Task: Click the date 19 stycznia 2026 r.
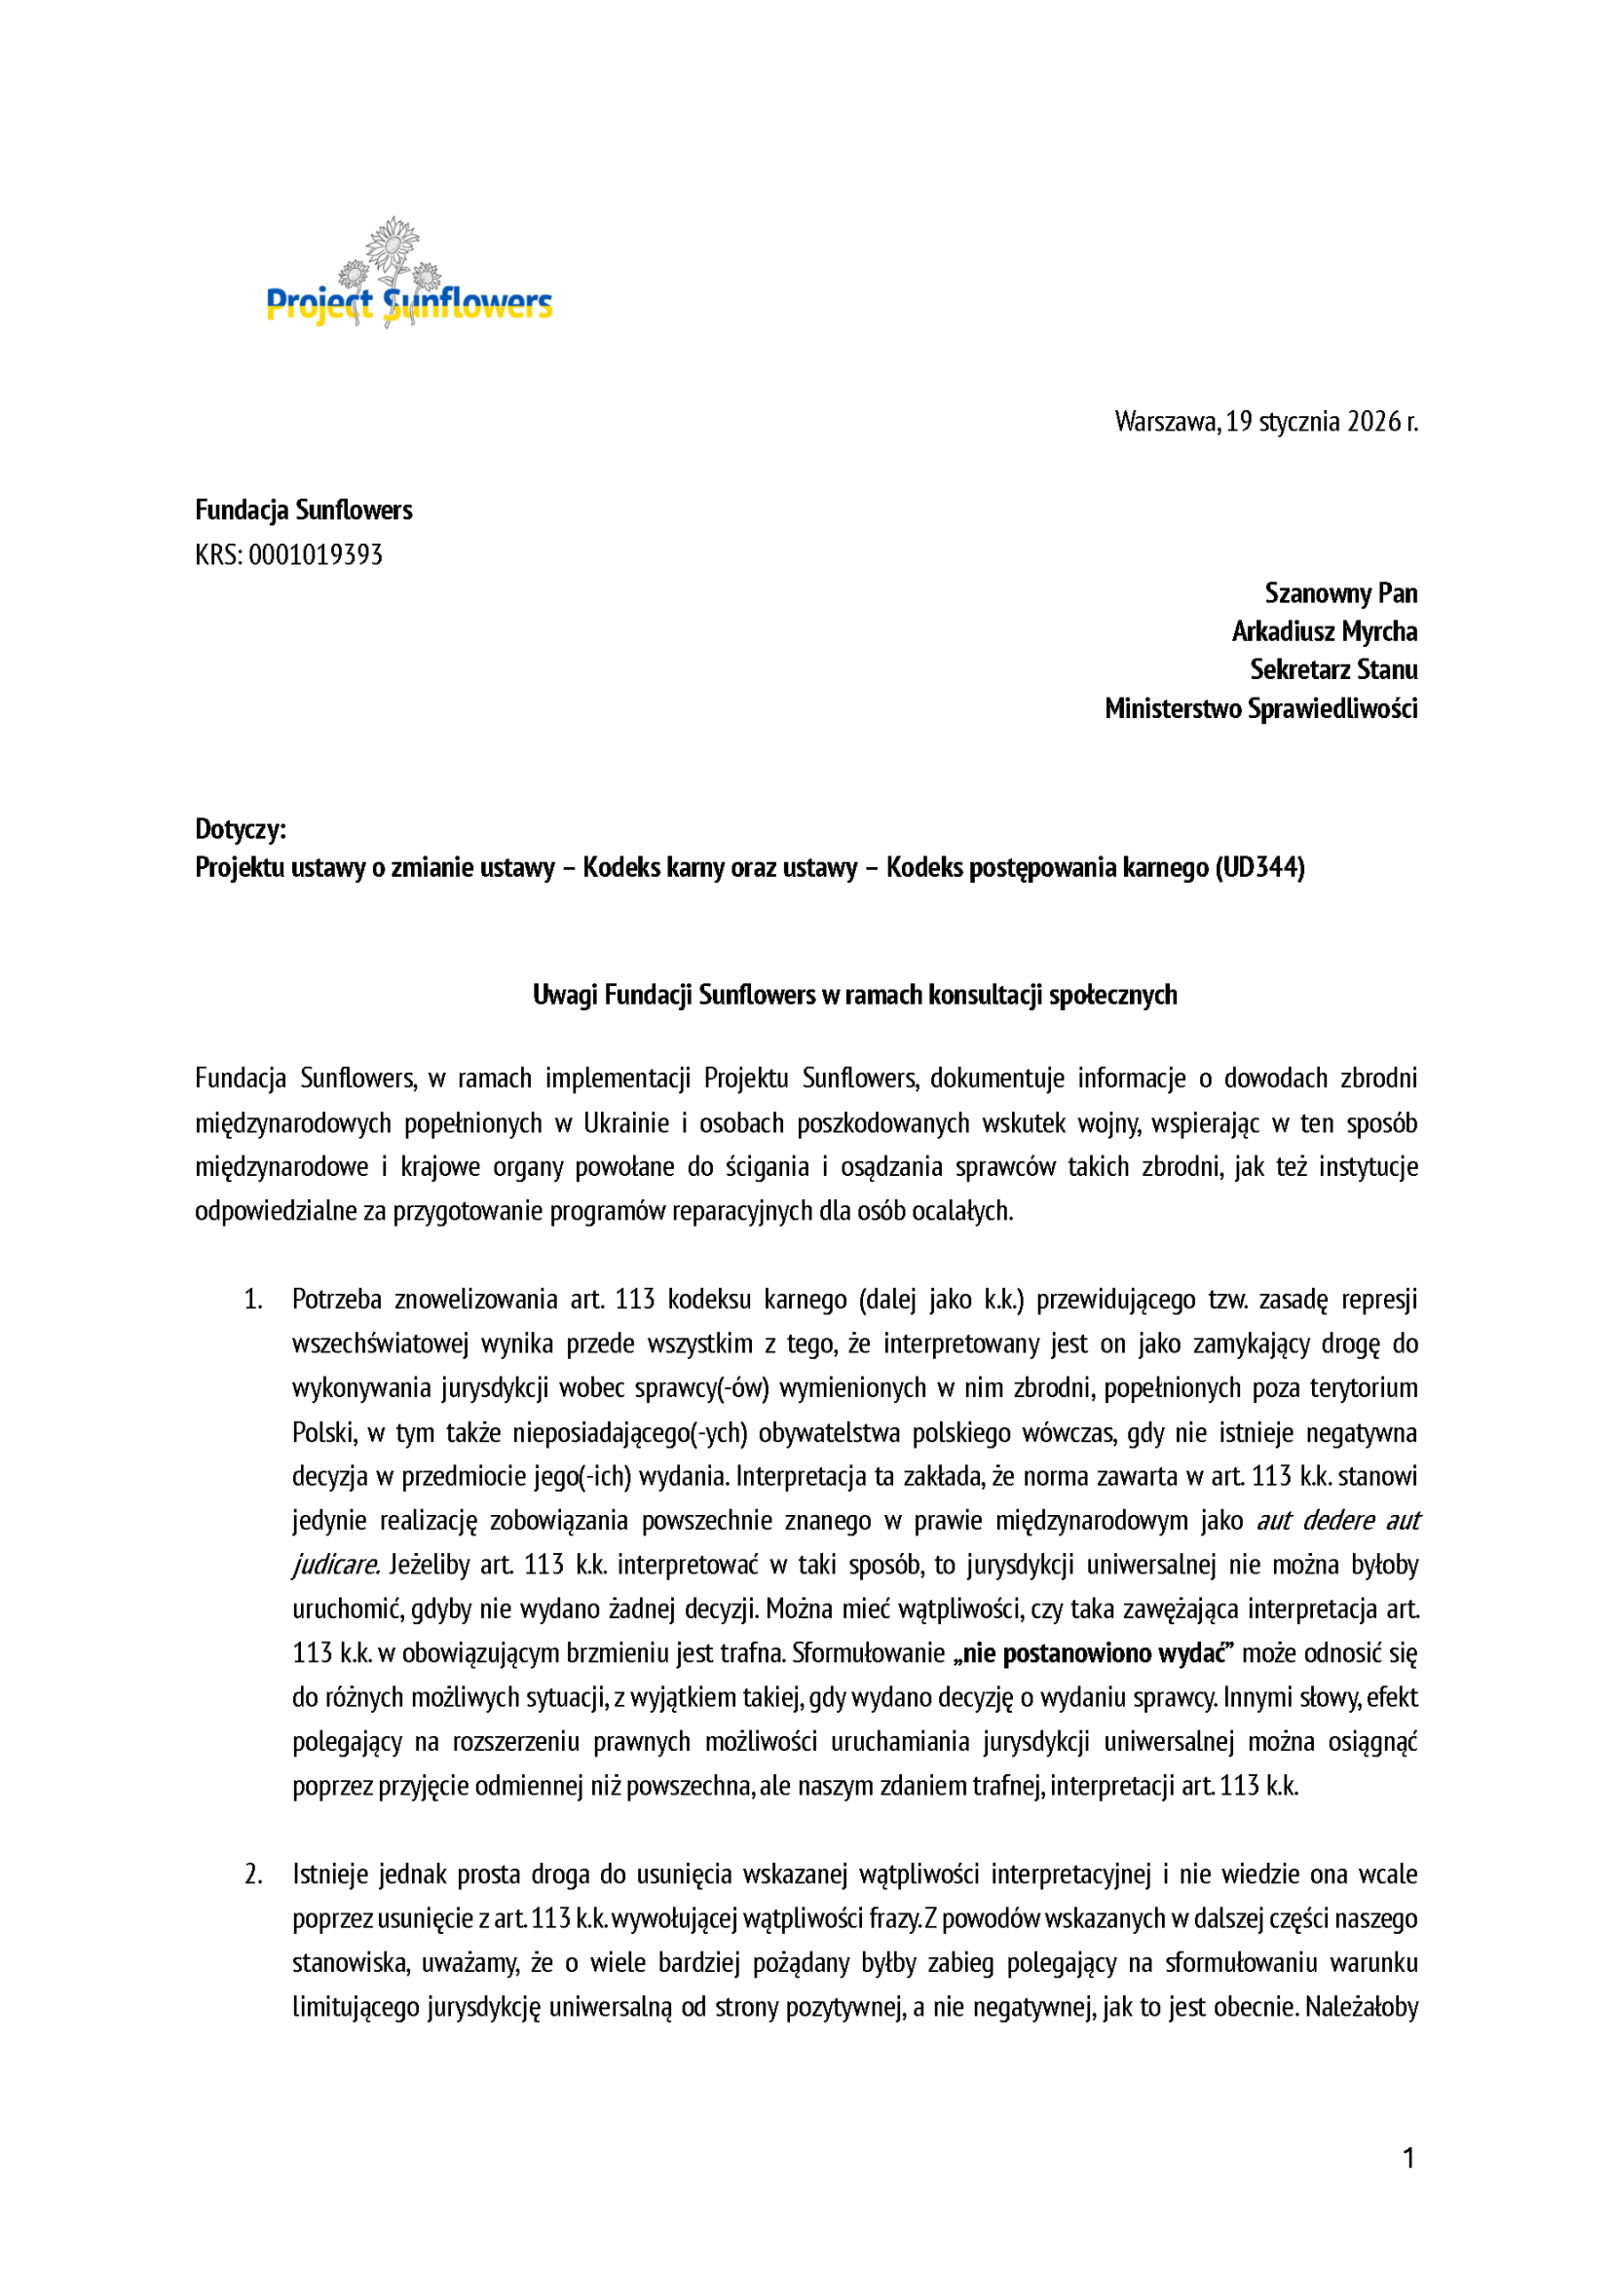[x=1321, y=422]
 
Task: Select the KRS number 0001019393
[x=315, y=554]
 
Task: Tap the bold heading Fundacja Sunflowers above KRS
[x=303, y=510]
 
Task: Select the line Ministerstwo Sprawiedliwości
[x=1261, y=709]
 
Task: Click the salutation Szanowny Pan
[x=1340, y=594]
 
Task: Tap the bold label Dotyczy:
[x=241, y=829]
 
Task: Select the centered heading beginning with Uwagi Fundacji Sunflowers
[x=854, y=995]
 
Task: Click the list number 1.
[x=253, y=1300]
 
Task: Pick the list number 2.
[x=253, y=1874]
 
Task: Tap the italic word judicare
[x=335, y=1565]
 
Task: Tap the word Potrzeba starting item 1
[x=336, y=1300]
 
